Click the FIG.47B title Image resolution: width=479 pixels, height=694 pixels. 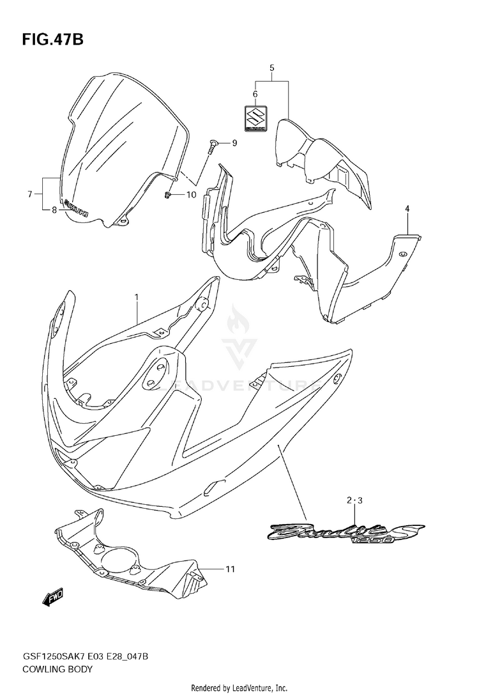(52, 40)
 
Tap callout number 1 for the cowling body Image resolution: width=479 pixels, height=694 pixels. (136, 297)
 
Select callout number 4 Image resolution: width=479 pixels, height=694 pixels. (406, 208)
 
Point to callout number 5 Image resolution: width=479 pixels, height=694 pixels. (271, 68)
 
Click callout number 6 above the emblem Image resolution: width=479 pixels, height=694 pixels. (255, 94)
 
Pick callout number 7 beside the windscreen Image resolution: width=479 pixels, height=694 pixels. (30, 193)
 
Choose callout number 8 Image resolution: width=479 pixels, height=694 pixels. (54, 208)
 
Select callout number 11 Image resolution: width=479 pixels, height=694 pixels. (230, 567)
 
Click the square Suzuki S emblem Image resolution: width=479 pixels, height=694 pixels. (255, 119)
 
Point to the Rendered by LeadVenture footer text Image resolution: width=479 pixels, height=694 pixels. (240, 687)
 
